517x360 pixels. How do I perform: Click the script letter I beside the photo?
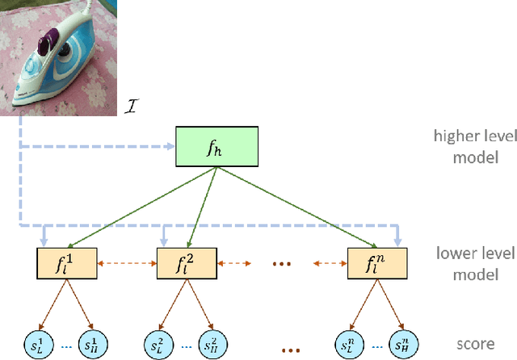[x=135, y=105]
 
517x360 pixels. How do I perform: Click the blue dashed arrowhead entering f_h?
[x=171, y=147]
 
